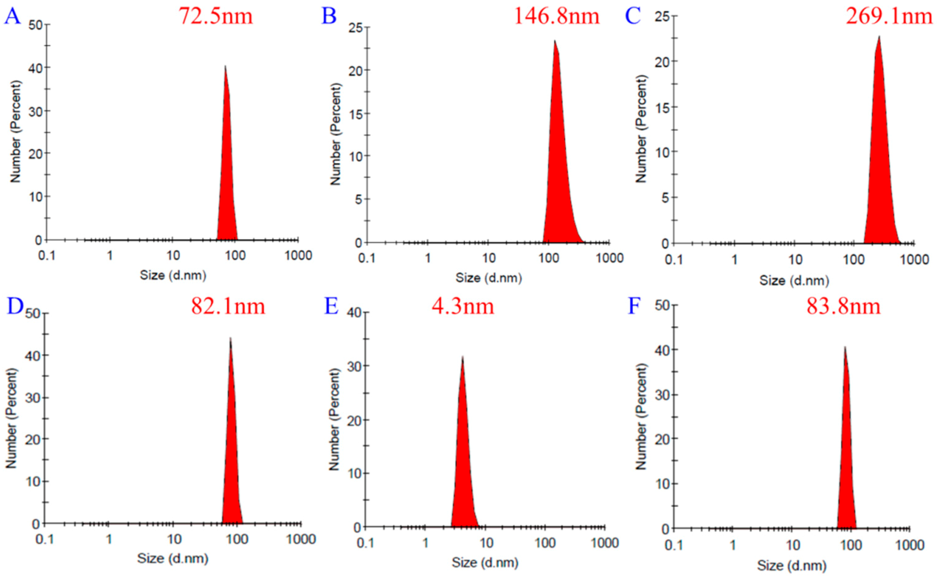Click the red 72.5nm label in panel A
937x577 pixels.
[x=216, y=16]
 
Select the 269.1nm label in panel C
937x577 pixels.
[x=889, y=16]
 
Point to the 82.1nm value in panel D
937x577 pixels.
[x=228, y=306]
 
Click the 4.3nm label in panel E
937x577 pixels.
[x=463, y=306]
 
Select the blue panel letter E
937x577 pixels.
[x=331, y=306]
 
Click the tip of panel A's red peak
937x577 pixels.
[x=225, y=66]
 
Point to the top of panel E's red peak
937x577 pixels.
[x=462, y=357]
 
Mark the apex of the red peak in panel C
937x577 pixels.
[x=879, y=36]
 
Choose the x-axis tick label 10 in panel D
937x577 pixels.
[x=174, y=539]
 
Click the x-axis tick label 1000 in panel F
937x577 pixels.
[x=909, y=545]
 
